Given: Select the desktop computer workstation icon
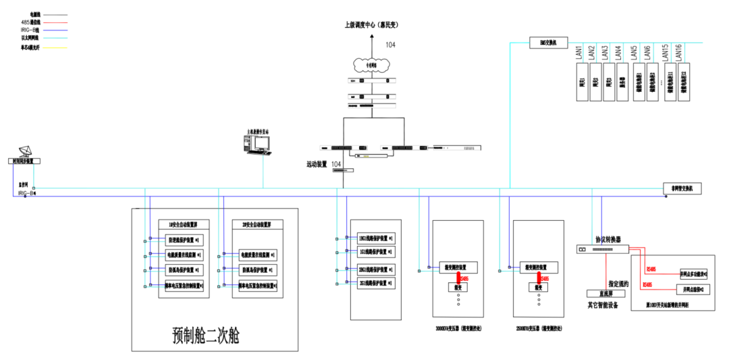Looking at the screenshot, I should click(x=257, y=144).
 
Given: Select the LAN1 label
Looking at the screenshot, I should click(x=578, y=51).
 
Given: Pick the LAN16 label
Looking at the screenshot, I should click(x=678, y=51).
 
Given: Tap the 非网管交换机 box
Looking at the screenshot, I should click(x=682, y=188).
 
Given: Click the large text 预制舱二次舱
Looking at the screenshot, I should click(x=205, y=335).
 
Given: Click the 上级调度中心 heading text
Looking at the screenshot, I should click(x=371, y=25).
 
